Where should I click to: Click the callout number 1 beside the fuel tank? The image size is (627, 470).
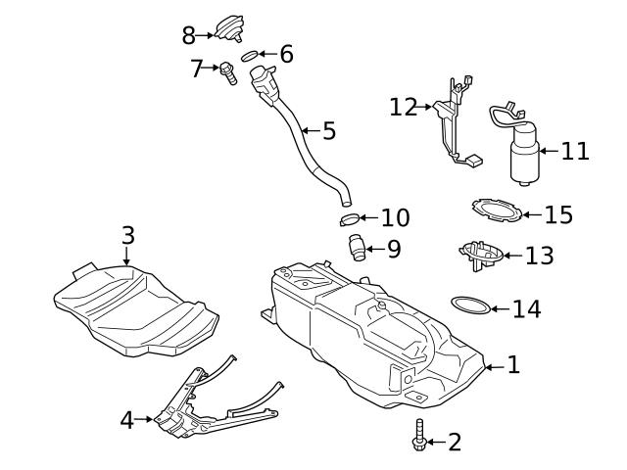pyautogui.click(x=513, y=366)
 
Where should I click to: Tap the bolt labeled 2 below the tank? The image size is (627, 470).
pyautogui.click(x=420, y=437)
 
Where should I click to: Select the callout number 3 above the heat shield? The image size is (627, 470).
pyautogui.click(x=127, y=236)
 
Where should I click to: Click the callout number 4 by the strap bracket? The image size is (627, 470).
pyautogui.click(x=127, y=420)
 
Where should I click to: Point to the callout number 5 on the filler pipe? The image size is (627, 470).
pyautogui.click(x=328, y=130)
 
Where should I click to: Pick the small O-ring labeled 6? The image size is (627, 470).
pyautogui.click(x=250, y=55)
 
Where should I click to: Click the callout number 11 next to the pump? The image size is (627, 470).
pyautogui.click(x=575, y=152)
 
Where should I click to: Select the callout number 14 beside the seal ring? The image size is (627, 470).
pyautogui.click(x=526, y=309)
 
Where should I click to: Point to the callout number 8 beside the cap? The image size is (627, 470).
pyautogui.click(x=189, y=36)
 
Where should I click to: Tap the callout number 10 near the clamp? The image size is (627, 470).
pyautogui.click(x=395, y=218)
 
